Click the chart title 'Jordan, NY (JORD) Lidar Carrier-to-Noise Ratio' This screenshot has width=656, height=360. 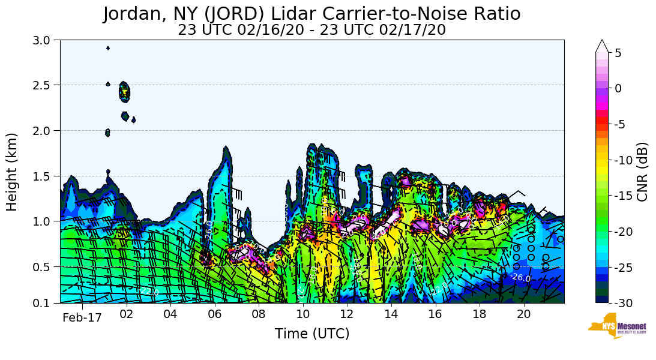tap(311, 14)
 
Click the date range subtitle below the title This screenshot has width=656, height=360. tap(311, 30)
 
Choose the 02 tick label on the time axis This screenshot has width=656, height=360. tap(126, 313)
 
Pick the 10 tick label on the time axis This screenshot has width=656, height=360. tap(302, 313)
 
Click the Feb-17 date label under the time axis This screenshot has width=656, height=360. tap(82, 318)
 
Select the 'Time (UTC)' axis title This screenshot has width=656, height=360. tap(311, 334)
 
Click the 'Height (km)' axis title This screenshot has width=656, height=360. tap(12, 172)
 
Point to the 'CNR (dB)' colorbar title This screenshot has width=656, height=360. tap(643, 172)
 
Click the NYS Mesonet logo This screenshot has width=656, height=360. tap(618, 326)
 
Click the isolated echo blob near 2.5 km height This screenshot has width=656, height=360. tap(124, 92)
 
